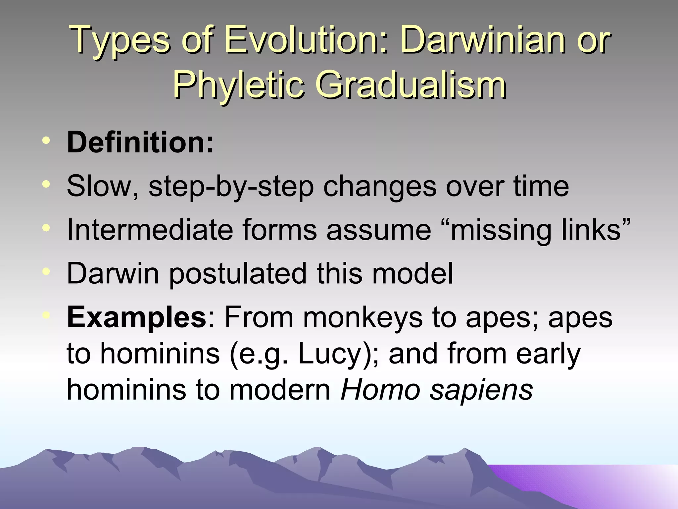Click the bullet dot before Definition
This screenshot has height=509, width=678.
pyautogui.click(x=46, y=141)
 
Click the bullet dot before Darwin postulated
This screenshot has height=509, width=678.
pyautogui.click(x=46, y=272)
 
